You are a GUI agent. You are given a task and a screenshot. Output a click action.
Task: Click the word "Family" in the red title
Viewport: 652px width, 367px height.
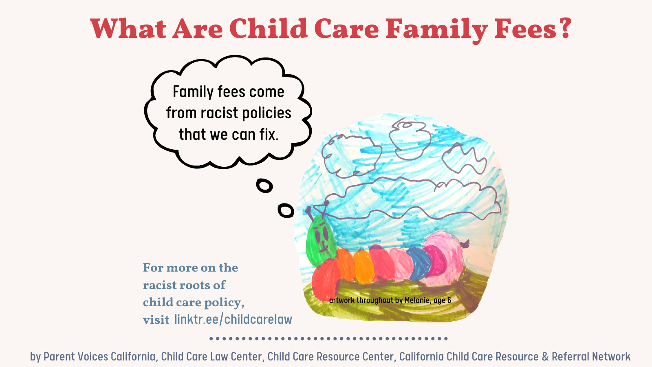click(436, 29)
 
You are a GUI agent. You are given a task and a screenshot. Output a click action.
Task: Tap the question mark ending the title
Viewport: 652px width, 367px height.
click(565, 28)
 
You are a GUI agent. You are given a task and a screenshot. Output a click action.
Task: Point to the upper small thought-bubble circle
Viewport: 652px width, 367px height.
click(264, 186)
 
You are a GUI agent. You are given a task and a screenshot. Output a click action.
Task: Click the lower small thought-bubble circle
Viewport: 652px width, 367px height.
click(286, 210)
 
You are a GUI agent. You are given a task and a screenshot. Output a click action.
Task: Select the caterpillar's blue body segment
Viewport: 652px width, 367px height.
click(419, 263)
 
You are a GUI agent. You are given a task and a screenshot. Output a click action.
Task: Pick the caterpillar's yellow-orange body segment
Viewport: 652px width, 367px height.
click(364, 267)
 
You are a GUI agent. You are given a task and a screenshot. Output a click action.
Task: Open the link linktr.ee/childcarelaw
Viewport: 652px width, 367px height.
click(233, 319)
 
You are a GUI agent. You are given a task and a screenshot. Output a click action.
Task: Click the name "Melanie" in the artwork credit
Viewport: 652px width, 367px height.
click(417, 300)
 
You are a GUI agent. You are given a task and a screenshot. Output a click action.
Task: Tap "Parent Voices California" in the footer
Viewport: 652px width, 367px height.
click(99, 356)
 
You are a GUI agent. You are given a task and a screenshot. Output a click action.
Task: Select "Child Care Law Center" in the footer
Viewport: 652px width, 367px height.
click(211, 356)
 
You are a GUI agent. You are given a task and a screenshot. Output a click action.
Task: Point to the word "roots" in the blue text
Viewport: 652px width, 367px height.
click(192, 285)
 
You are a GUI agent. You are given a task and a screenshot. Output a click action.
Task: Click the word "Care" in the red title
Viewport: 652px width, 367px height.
click(346, 29)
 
